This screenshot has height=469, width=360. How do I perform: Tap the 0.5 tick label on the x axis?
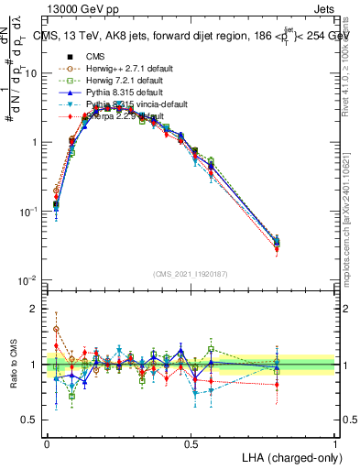tap(191, 442)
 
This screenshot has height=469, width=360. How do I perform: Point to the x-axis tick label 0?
tap(47, 442)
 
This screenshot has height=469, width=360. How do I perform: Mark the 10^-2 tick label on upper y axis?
tap(29, 280)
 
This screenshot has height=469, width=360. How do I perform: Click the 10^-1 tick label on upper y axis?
tap(29, 212)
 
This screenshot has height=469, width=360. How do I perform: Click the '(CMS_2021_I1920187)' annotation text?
tap(191, 272)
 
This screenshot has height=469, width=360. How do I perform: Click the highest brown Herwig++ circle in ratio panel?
tap(56, 329)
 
